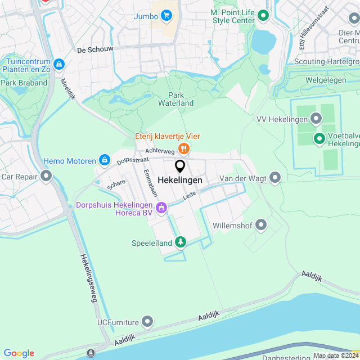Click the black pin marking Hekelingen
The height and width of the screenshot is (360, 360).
tap(180, 166)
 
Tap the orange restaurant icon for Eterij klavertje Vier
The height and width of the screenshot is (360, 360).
tap(183, 148)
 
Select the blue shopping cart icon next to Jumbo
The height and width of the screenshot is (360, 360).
tap(166, 16)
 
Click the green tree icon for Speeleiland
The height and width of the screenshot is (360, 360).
tap(180, 242)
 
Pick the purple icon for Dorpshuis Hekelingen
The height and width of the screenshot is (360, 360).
tap(162, 209)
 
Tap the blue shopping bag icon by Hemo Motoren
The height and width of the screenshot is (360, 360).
tap(104, 161)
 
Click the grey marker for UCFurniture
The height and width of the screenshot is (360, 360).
tap(147, 322)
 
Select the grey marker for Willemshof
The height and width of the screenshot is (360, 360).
tap(261, 226)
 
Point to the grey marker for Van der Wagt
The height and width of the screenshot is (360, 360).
tap(275, 178)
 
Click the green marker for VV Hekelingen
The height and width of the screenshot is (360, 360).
tap(316, 119)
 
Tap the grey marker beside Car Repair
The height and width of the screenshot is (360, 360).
tap(46, 177)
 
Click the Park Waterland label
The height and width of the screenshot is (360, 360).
tap(175, 99)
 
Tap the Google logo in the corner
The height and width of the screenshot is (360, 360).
tap(19, 353)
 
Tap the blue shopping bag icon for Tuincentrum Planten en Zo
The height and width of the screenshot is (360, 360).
tap(61, 65)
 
